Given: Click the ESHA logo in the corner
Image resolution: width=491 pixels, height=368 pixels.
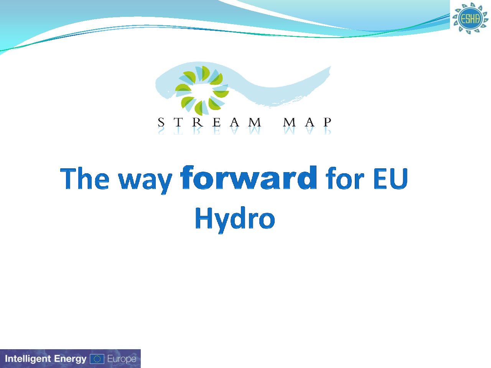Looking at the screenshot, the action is tap(470, 18).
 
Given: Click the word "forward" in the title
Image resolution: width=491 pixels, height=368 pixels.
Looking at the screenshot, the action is tap(249, 177).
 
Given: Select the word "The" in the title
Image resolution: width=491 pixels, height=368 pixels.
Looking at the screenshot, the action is tap(84, 179).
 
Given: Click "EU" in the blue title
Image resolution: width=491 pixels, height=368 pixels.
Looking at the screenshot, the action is tap(390, 179).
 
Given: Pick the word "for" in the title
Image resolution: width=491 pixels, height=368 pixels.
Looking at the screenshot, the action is tap(345, 178).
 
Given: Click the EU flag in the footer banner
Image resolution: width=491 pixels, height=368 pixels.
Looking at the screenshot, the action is tap(97, 359).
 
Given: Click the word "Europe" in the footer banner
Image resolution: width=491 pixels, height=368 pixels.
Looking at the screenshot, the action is tap(122, 359).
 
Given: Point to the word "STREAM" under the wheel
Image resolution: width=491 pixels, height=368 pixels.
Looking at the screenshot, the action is tap(209, 122).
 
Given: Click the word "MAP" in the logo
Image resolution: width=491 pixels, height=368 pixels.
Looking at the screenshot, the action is tap(307, 122).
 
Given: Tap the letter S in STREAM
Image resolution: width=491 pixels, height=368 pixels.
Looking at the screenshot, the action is tap(161, 122).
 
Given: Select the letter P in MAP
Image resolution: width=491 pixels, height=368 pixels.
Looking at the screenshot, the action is tap(328, 122).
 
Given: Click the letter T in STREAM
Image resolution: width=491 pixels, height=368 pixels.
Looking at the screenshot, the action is tap(178, 122).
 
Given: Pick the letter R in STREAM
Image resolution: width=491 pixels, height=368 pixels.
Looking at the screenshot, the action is tap(197, 122).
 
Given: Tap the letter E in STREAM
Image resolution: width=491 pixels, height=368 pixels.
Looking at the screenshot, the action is tap(216, 122).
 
